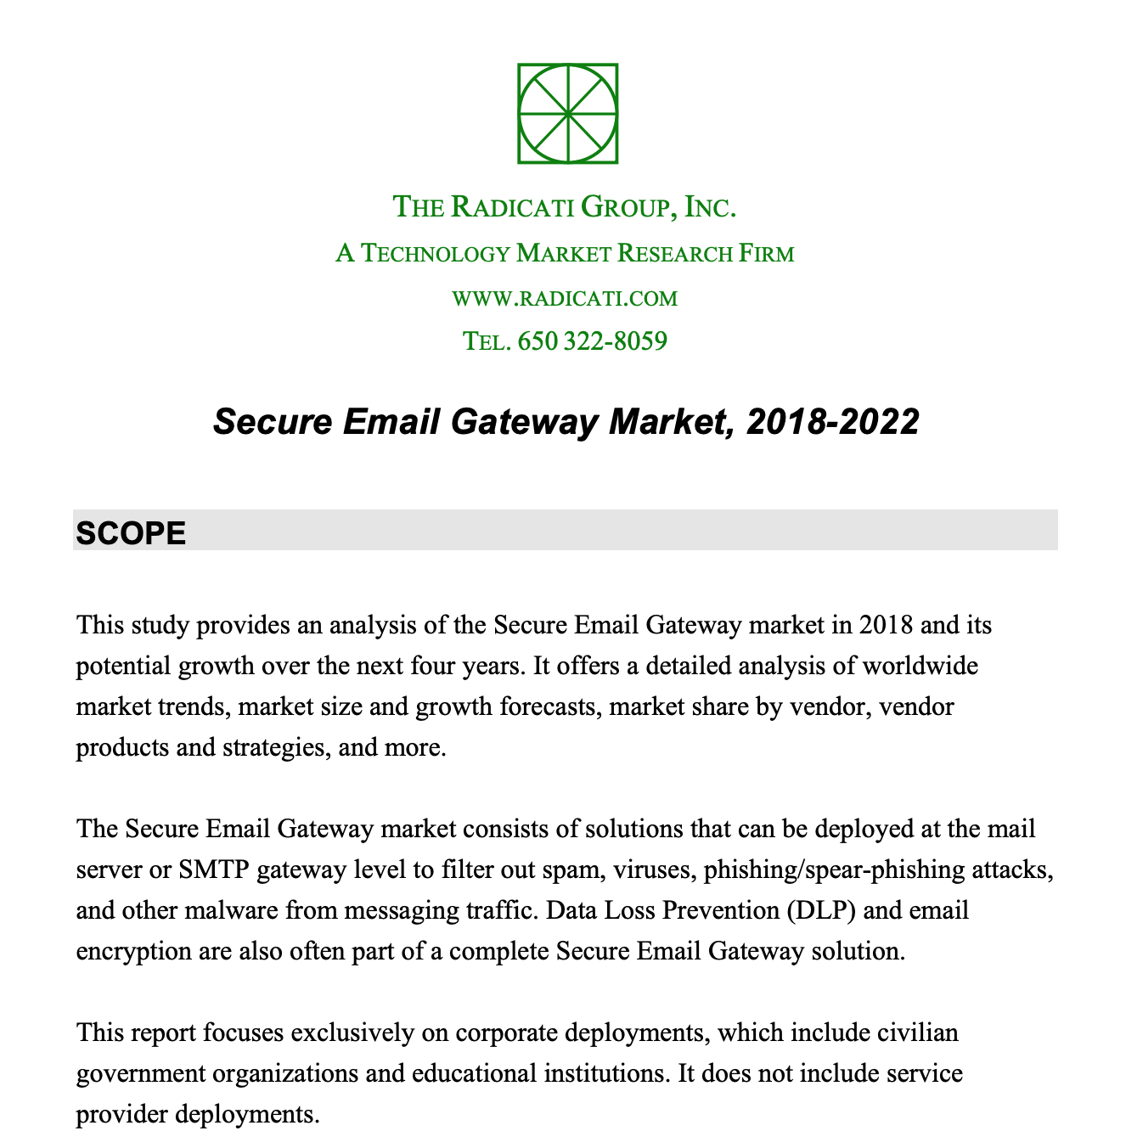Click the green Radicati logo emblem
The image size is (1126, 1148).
pos(567,113)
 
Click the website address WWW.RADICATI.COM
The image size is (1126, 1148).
pos(565,298)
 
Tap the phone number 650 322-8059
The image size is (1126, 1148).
pos(592,341)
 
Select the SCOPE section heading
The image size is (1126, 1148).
pos(131,532)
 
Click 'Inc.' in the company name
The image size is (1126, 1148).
pos(710,206)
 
